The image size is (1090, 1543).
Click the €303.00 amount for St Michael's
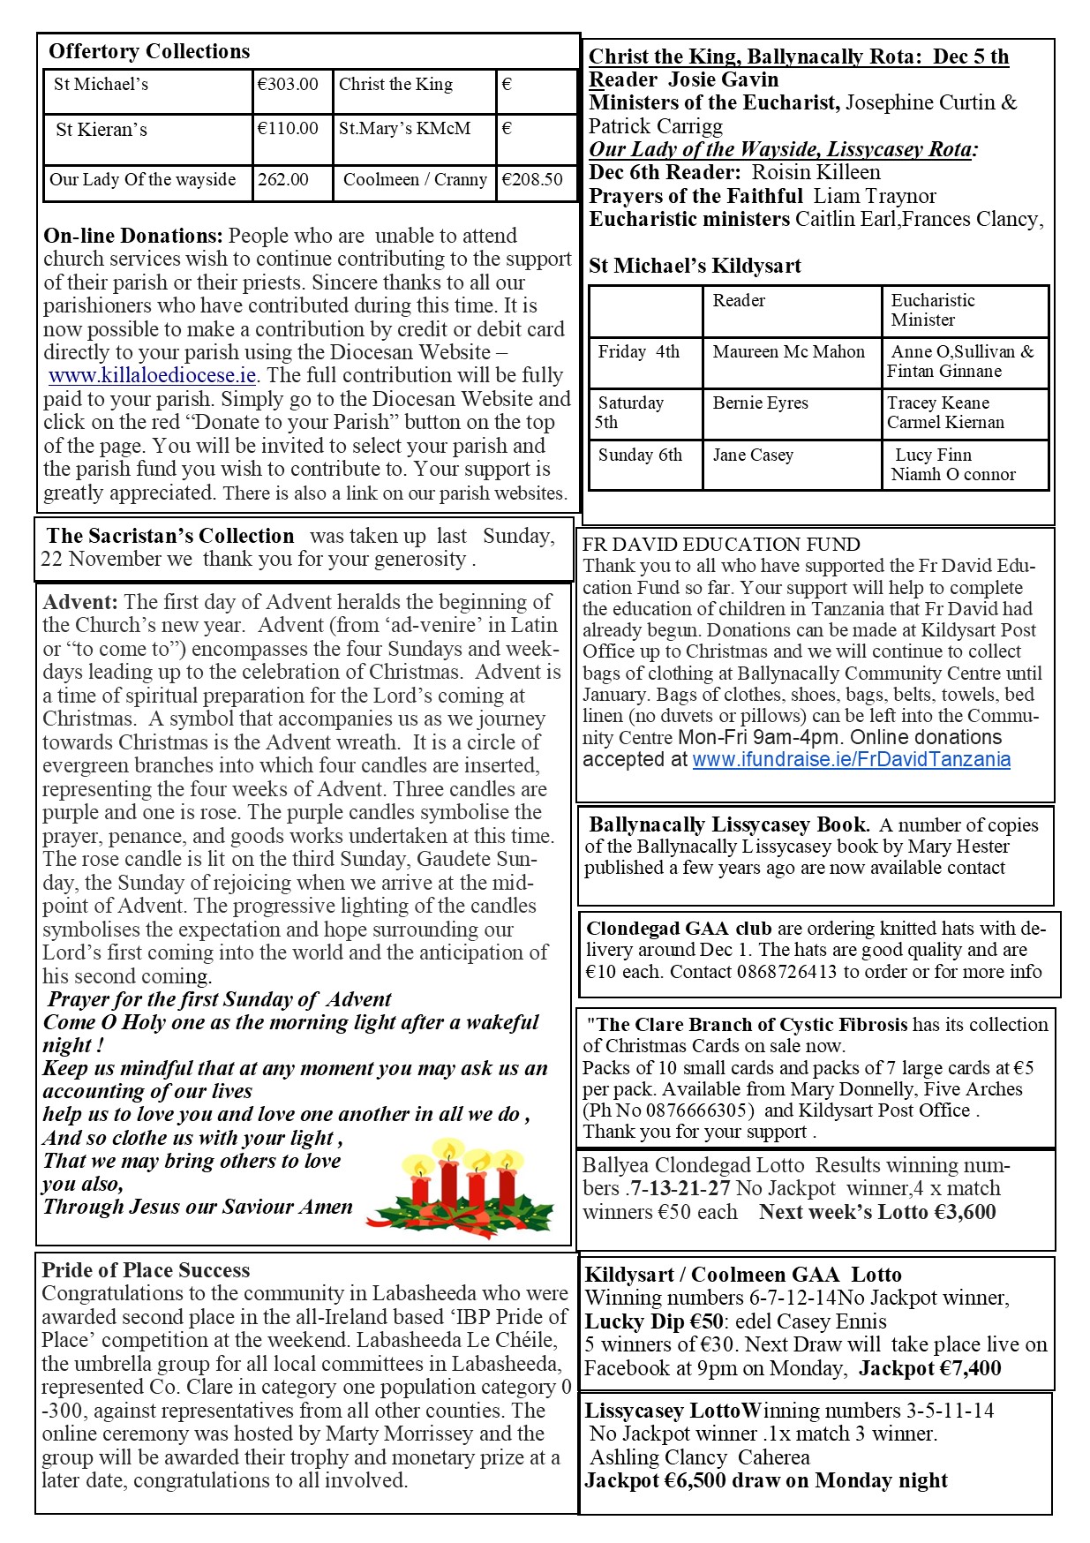[288, 85]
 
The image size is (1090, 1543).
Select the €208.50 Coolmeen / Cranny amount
[532, 180]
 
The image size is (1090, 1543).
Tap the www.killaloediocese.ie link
[153, 375]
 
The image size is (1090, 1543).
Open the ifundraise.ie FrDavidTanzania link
[851, 759]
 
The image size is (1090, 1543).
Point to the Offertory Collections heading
[149, 51]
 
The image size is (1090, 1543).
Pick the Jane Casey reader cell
[753, 455]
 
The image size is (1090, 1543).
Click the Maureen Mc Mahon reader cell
[788, 352]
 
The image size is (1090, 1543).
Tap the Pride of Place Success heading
[146, 1270]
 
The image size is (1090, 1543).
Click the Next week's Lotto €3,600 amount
[877, 1212]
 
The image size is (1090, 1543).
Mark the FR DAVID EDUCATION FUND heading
[721, 545]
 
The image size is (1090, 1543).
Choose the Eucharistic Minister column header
[932, 310]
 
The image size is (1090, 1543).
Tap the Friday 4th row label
[639, 352]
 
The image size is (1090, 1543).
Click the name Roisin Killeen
[816, 172]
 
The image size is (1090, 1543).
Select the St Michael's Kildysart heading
[695, 266]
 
